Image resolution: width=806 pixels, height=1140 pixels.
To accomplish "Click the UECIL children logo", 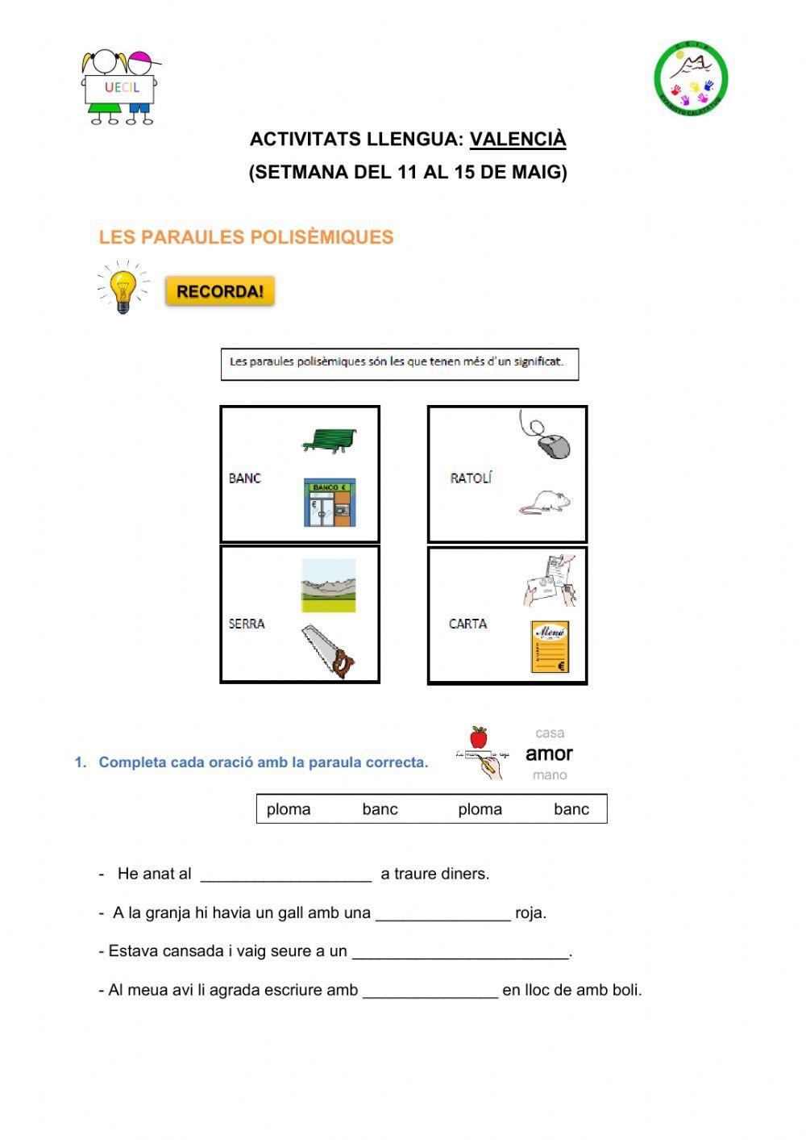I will tap(122, 87).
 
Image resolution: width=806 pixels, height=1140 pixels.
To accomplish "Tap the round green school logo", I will tap(691, 78).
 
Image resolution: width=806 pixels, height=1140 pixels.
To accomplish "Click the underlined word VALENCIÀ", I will tap(517, 139).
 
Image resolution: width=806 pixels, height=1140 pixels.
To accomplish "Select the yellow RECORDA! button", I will tap(220, 291).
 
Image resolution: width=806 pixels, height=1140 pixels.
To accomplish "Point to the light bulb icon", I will tap(123, 289).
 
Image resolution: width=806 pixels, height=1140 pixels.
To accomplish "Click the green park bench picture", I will tap(329, 440).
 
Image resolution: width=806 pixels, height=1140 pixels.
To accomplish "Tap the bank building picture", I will tap(329, 503).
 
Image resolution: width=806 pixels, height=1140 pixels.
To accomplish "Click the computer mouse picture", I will tap(547, 437).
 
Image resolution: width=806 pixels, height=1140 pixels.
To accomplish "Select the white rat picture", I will tap(545, 502).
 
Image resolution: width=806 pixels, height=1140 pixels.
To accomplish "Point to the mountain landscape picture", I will tap(328, 585).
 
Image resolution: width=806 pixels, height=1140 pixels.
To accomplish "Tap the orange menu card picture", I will tap(550, 646).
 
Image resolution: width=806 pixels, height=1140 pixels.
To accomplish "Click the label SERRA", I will tap(247, 624).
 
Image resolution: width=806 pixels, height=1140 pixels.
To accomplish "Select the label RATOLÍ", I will tap(471, 478).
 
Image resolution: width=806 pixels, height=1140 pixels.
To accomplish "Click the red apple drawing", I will tap(479, 737).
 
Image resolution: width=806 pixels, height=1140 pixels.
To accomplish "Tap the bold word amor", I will tap(549, 754).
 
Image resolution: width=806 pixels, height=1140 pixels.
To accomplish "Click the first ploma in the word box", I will tap(289, 809).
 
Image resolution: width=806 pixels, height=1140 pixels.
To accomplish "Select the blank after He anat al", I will tap(286, 875).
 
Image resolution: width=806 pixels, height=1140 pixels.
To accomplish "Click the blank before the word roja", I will tap(442, 913).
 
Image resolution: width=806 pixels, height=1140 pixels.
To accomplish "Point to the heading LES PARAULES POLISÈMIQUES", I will tap(246, 237).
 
